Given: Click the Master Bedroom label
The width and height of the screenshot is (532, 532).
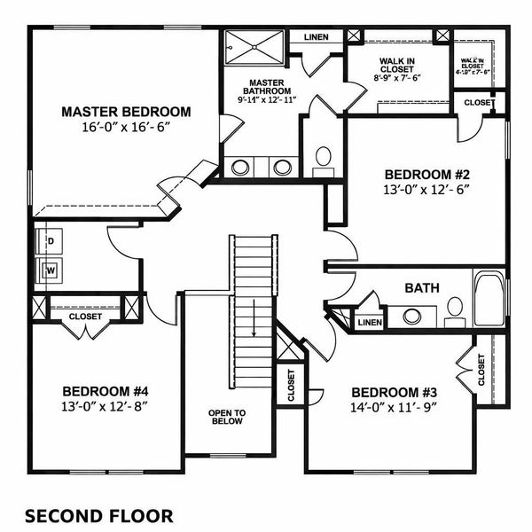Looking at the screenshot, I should click(126, 112).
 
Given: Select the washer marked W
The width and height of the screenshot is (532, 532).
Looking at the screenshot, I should click(51, 270).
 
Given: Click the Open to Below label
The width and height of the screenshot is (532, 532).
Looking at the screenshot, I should click(227, 417).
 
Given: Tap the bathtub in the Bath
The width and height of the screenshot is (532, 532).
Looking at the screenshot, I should click(489, 300).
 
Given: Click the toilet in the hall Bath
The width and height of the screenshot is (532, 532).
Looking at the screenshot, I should click(455, 309).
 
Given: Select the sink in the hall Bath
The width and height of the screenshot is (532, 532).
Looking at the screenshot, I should click(411, 315).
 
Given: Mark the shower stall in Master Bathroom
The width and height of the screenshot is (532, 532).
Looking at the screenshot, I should click(254, 47).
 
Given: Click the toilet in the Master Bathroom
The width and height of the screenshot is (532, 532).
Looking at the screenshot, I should click(323, 159).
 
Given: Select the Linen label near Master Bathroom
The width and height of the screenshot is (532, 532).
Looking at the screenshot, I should click(317, 38).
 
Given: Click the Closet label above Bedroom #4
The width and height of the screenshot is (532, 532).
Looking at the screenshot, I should click(85, 317).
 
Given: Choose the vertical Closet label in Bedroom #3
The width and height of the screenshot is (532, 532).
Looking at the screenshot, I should click(481, 370).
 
